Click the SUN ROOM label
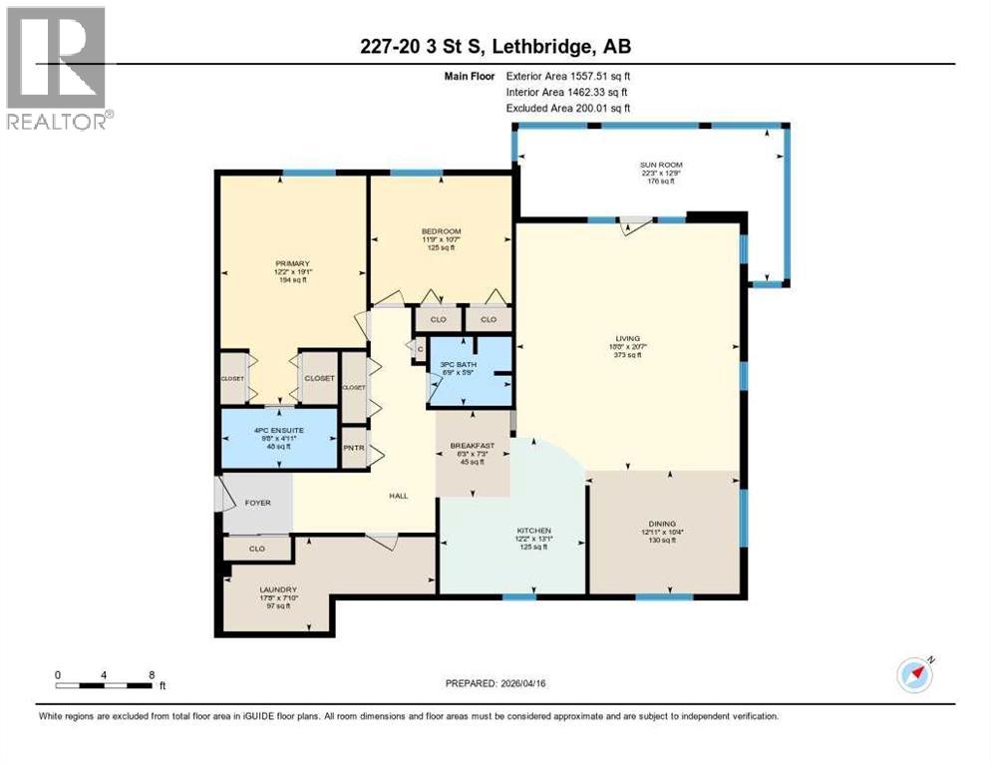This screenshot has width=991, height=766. pyautogui.click(x=661, y=165)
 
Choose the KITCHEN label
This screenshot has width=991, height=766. pyautogui.click(x=534, y=531)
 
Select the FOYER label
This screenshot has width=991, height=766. pyautogui.click(x=257, y=503)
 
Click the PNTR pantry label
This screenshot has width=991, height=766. pyautogui.click(x=353, y=448)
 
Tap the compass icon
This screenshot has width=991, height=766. pyautogui.click(x=915, y=675)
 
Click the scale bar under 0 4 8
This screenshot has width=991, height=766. pyautogui.click(x=104, y=686)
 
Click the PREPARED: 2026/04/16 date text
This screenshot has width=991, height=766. pyautogui.click(x=495, y=683)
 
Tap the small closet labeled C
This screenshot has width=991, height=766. pyautogui.click(x=420, y=348)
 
